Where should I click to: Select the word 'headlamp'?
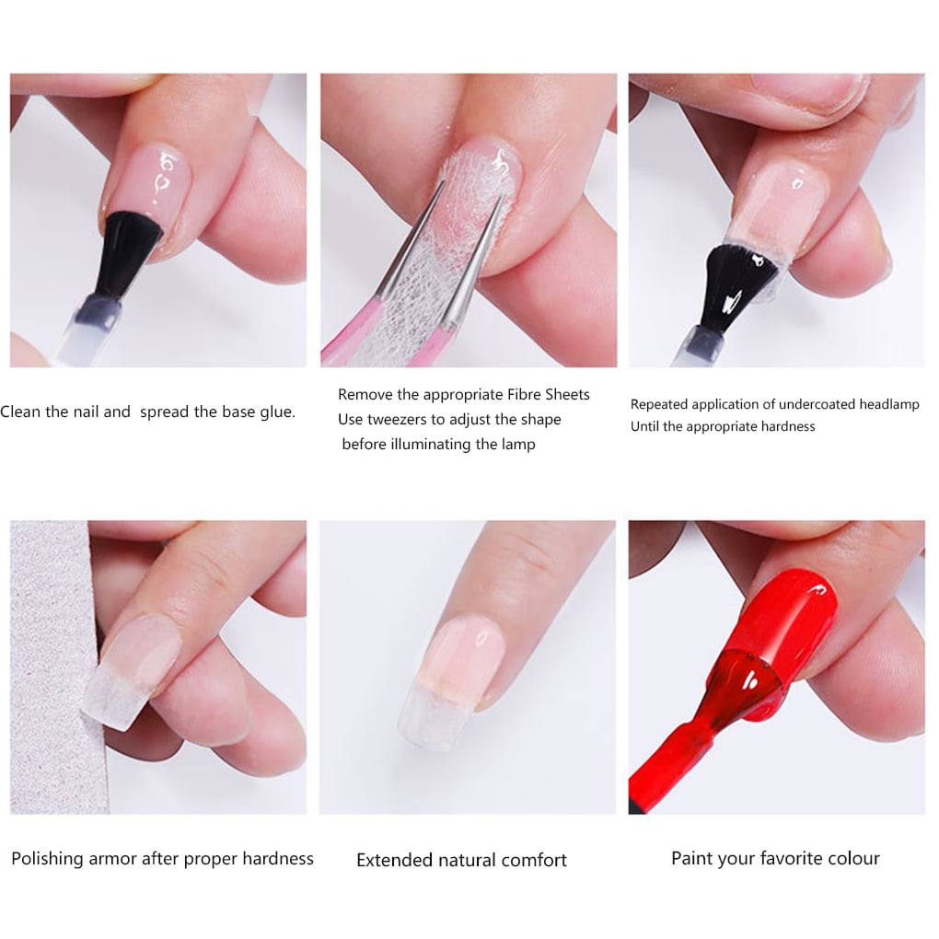tap(888, 404)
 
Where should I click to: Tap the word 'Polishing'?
tap(47, 859)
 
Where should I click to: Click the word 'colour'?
tap(851, 859)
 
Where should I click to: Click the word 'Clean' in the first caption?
tap(20, 412)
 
